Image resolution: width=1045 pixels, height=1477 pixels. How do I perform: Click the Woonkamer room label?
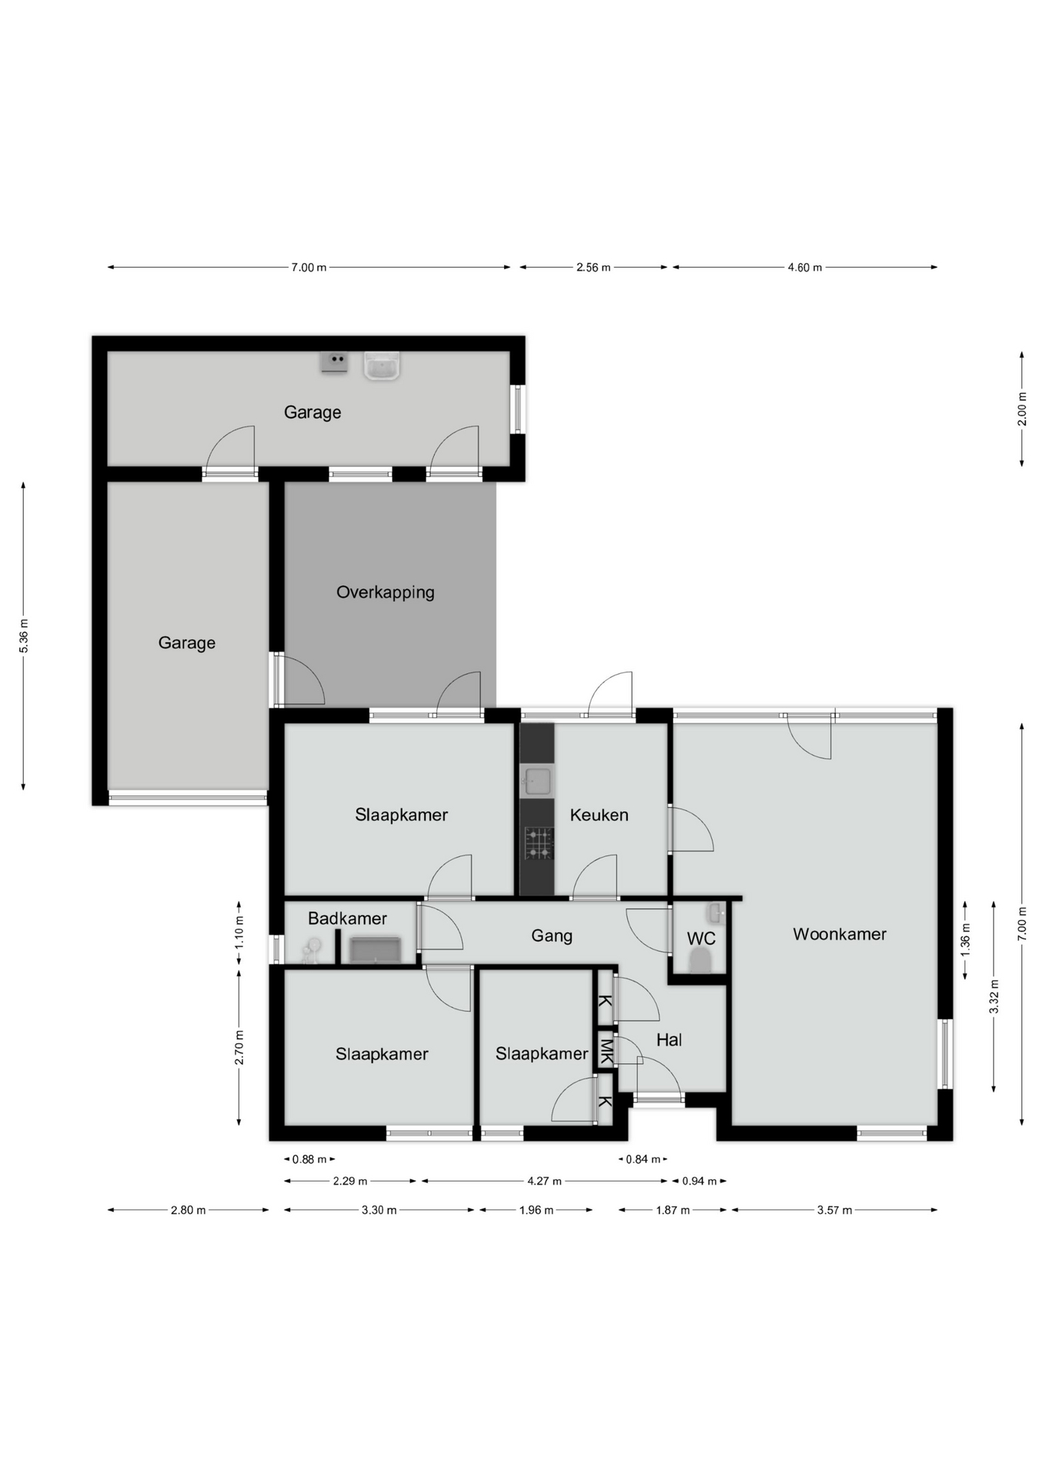pos(840,934)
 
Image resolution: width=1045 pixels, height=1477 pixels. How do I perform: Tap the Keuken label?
pos(599,815)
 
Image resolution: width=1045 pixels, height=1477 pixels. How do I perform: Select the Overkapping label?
pos(386,592)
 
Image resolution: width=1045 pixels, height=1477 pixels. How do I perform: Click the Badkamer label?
pos(347,918)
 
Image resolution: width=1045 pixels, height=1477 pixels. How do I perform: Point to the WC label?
pos(701,939)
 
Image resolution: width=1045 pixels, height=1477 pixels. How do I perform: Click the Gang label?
pos(552,936)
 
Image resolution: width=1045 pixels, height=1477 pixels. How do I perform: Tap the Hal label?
pos(669,1040)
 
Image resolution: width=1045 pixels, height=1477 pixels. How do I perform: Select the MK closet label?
pos(606,1051)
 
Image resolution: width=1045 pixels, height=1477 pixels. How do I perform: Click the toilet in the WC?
pos(700,961)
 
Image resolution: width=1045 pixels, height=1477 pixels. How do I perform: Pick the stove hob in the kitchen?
pos(539,843)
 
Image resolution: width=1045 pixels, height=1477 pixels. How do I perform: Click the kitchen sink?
pos(537,781)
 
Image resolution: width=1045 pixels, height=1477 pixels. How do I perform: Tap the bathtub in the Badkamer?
pos(375,949)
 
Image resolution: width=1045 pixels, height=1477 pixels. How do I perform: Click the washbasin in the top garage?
pos(382,365)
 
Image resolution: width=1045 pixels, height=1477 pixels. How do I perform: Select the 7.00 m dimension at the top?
pos(309,268)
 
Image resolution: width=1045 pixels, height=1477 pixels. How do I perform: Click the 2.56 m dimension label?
pos(593,268)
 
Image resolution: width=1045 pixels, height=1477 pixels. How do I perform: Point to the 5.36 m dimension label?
pos(24,636)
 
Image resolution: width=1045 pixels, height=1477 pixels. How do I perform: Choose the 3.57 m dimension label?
pos(834,1210)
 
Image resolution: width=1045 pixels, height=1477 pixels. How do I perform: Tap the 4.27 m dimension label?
pos(544,1181)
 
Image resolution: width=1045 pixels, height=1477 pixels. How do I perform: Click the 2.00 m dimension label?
pos(1022,408)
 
